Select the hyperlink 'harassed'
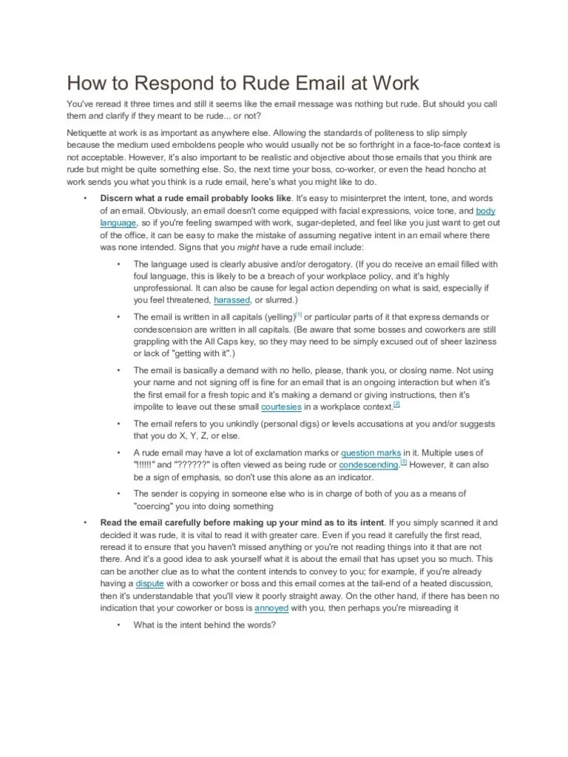tap(232, 300)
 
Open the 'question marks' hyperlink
tap(371, 452)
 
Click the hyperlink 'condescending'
tap(368, 464)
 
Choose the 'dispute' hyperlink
tap(149, 583)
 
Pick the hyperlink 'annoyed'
tap(271, 608)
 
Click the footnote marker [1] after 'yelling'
tap(298, 313)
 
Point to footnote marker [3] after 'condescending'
tap(403, 462)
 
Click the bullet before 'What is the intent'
tap(118, 625)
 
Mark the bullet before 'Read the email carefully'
tap(86, 522)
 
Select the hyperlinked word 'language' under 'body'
tap(118, 222)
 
